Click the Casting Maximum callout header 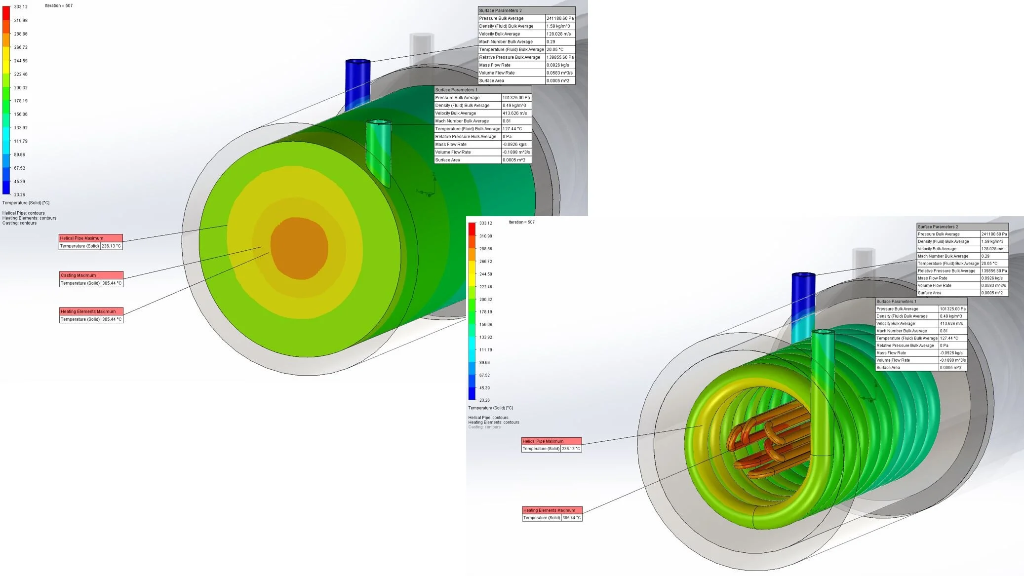(x=91, y=275)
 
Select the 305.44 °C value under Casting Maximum (x=112, y=283)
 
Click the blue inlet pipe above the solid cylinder (x=357, y=84)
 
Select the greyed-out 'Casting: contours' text (x=484, y=427)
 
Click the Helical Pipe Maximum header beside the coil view (x=551, y=441)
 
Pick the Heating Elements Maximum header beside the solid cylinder (x=91, y=311)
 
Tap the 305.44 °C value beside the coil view (x=572, y=518)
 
